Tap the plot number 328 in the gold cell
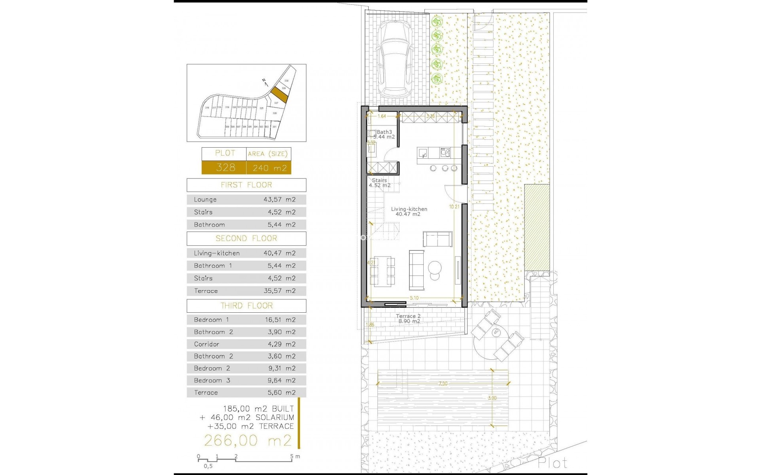click(x=226, y=168)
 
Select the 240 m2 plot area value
click(x=270, y=168)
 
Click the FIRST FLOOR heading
click(x=247, y=185)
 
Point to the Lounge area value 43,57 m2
click(x=279, y=200)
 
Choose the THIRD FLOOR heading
click(x=247, y=306)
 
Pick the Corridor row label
click(x=207, y=344)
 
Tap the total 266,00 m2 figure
click(x=248, y=441)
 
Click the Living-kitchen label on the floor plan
click(x=409, y=209)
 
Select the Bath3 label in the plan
click(x=384, y=132)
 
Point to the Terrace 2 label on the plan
click(x=408, y=316)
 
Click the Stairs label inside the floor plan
click(x=379, y=180)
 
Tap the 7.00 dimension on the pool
click(x=443, y=384)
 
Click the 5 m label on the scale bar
click(x=295, y=456)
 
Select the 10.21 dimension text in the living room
click(x=454, y=207)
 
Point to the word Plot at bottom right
click(x=552, y=463)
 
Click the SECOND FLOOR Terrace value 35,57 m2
click(x=279, y=291)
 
